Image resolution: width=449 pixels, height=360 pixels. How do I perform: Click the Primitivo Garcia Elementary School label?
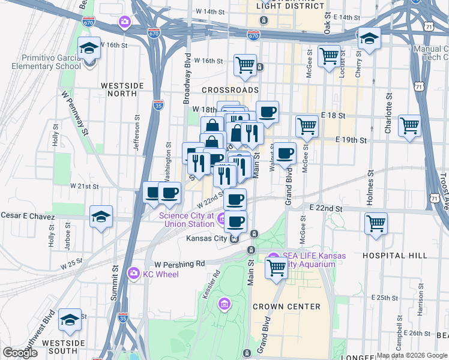43,62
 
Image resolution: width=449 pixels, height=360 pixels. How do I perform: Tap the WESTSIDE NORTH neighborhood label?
122,89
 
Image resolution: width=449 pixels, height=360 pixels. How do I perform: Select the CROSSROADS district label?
230,89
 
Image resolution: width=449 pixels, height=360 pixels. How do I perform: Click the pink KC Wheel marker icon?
134,274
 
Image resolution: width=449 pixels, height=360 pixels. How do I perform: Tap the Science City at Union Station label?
186,220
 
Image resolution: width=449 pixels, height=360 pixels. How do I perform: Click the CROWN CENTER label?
286,307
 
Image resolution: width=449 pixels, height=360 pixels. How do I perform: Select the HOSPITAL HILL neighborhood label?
395,256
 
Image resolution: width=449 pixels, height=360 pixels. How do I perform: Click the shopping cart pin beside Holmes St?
376,223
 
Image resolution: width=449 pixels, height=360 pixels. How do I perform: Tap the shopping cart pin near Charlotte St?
409,126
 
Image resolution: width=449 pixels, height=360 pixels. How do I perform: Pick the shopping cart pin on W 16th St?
245,64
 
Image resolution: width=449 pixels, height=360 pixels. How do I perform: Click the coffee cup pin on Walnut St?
285,153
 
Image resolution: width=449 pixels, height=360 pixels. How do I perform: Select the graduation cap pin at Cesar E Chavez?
101,216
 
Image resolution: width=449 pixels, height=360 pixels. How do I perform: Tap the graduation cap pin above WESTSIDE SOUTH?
70,320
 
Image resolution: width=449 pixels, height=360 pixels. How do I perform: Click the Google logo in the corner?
20,353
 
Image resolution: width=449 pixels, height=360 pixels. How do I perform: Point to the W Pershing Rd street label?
179,263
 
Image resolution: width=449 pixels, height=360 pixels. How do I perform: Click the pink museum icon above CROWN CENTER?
225,304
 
